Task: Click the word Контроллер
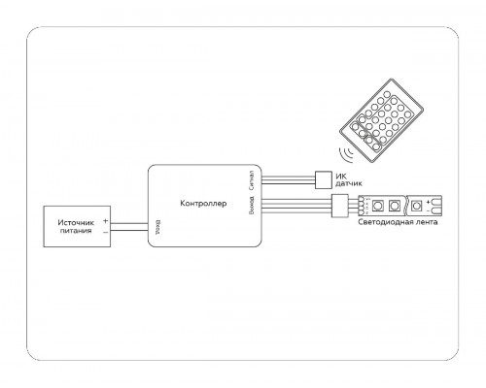pyautogui.click(x=203, y=204)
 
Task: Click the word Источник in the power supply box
pyautogui.click(x=76, y=222)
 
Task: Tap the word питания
pyautogui.click(x=76, y=231)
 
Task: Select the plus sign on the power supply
pyautogui.click(x=105, y=221)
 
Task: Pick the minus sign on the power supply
pyautogui.click(x=105, y=232)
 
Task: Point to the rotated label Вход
pyautogui.click(x=157, y=227)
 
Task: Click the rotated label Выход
pyautogui.click(x=252, y=205)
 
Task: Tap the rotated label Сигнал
pyautogui.click(x=252, y=180)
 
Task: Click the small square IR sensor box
pyautogui.click(x=324, y=179)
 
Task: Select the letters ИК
pyautogui.click(x=341, y=177)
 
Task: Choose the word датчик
pyautogui.click(x=349, y=184)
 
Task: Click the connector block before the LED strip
pyautogui.click(x=340, y=206)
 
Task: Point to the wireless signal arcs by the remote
pyautogui.click(x=346, y=154)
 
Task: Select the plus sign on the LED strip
pyautogui.click(x=429, y=202)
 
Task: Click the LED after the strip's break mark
pyautogui.click(x=416, y=206)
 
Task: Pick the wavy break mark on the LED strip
pyautogui.click(x=406, y=206)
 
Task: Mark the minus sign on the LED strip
pyautogui.click(x=429, y=210)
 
